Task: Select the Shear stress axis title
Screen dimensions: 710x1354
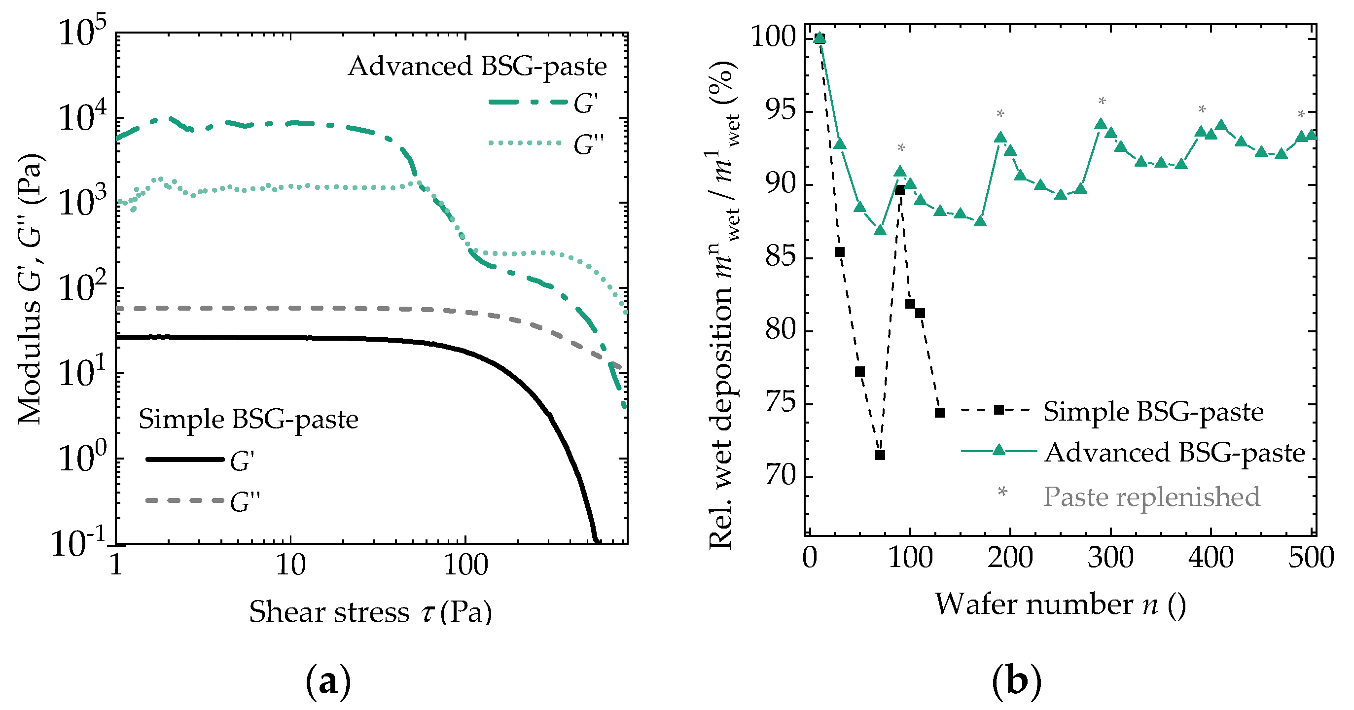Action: (x=371, y=612)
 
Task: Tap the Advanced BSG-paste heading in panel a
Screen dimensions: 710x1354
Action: (x=477, y=66)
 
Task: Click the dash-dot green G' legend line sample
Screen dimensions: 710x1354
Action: (x=528, y=102)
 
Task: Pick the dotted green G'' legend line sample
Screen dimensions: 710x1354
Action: (x=526, y=143)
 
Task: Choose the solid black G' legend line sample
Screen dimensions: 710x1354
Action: (x=185, y=460)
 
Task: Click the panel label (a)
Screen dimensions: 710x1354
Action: (x=328, y=682)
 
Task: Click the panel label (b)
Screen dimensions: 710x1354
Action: (x=1016, y=682)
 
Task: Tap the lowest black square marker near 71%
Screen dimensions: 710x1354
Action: (x=880, y=455)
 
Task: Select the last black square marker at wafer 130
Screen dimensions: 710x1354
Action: (x=940, y=413)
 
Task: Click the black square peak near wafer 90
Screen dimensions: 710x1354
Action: (x=900, y=190)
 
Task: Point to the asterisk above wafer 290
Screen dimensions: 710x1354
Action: (x=1102, y=102)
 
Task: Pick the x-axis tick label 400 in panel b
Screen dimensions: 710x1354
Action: (x=1211, y=558)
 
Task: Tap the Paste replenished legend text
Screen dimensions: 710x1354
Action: (x=1151, y=497)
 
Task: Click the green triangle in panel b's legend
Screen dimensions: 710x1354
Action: (x=999, y=450)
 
